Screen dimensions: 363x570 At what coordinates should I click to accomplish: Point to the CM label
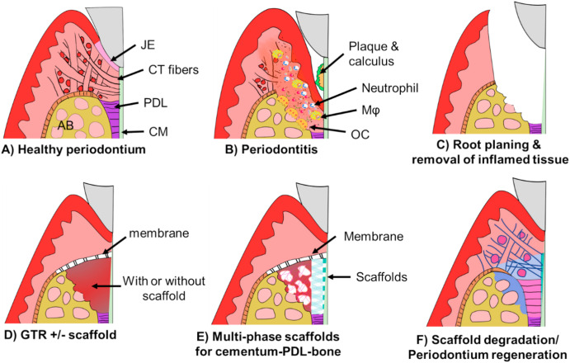153,130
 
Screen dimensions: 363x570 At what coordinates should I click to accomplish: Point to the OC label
359,132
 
